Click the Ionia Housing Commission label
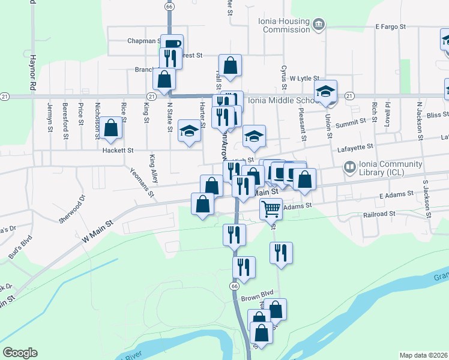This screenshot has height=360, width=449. pyautogui.click(x=286, y=25)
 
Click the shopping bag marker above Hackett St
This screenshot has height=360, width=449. pyautogui.click(x=110, y=127)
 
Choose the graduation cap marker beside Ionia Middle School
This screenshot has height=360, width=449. pyautogui.click(x=327, y=91)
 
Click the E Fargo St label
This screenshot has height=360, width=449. pyautogui.click(x=391, y=26)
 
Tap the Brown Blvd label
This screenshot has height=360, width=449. pyautogui.click(x=258, y=293)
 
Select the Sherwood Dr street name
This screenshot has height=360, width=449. pyautogui.click(x=76, y=208)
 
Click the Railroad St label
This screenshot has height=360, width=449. pyautogui.click(x=381, y=213)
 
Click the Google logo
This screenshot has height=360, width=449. pyautogui.click(x=20, y=353)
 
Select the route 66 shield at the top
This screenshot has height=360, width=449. pyautogui.click(x=170, y=7)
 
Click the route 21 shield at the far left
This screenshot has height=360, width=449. pyautogui.click(x=5, y=96)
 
